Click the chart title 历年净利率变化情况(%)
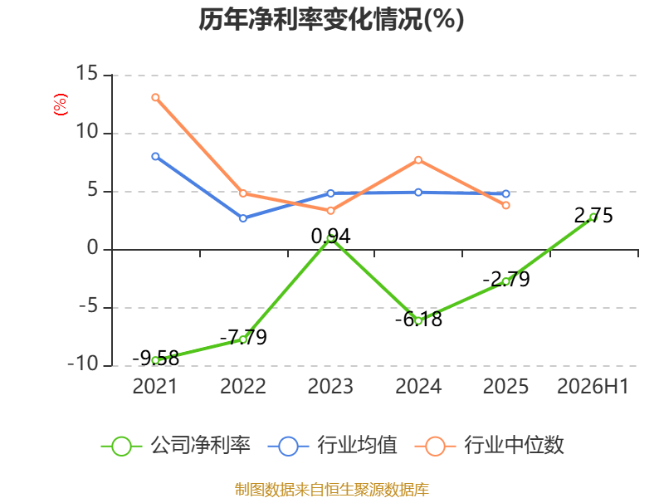[x=331, y=19]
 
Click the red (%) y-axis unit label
[x=60, y=105]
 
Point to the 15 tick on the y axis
[x=87, y=73]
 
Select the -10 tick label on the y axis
[x=84, y=364]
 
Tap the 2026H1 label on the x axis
[x=593, y=387]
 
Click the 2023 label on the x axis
[x=330, y=387]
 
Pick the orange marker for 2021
[x=155, y=97]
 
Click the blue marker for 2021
[x=155, y=157]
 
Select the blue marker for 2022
[x=243, y=218]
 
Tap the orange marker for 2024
[x=418, y=160]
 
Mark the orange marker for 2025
[x=506, y=205]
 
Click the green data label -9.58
[x=156, y=359]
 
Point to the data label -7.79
[x=243, y=338]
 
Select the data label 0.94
[x=330, y=237]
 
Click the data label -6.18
[x=419, y=319]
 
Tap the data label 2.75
[x=593, y=216]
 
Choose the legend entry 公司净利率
[x=176, y=446]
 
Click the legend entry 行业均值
[x=333, y=446]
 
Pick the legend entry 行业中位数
[x=490, y=446]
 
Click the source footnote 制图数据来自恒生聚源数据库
[x=332, y=490]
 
